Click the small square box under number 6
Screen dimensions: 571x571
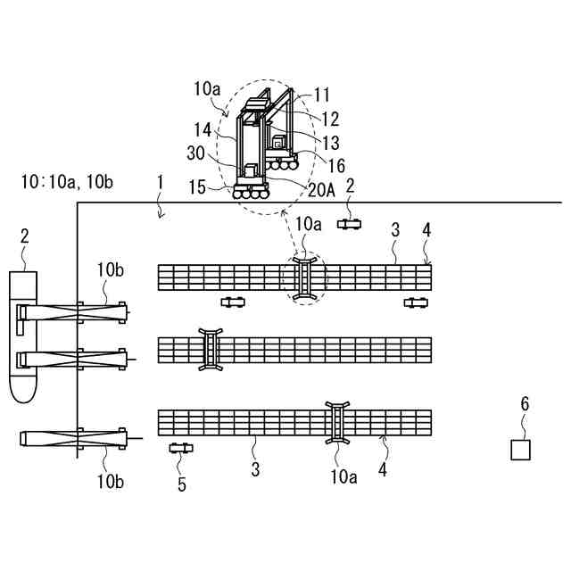click(520, 450)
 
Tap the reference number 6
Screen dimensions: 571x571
click(525, 404)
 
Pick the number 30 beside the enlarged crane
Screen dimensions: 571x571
click(196, 152)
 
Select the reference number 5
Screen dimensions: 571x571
click(182, 484)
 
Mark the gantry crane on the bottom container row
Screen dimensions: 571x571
click(339, 422)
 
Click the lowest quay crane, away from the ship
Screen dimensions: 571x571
click(76, 438)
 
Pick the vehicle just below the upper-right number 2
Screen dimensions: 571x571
click(349, 223)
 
